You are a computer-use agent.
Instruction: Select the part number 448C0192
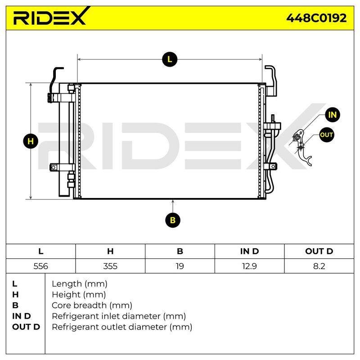[316, 18]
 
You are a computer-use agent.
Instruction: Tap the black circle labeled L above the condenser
[170, 59]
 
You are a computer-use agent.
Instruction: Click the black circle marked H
[31, 141]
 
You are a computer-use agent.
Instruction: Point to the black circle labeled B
[173, 220]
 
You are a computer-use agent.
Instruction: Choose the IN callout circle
[333, 115]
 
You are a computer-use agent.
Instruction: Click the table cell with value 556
[40, 266]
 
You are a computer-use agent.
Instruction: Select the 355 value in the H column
[110, 266]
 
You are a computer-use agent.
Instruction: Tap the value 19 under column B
[180, 266]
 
